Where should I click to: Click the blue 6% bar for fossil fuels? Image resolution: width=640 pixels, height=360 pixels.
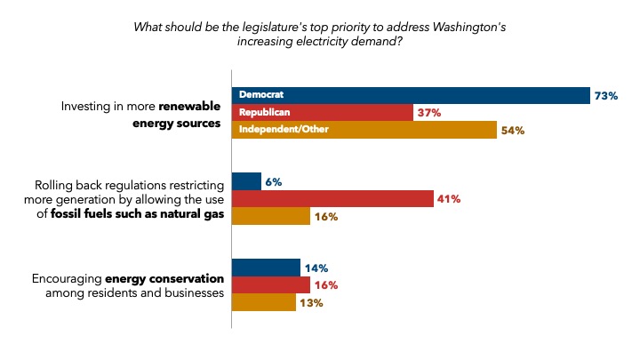pos(246,181)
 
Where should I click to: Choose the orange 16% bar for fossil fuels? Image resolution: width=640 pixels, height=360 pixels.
pos(270,216)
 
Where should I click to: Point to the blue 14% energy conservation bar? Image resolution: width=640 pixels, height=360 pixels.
pos(266,268)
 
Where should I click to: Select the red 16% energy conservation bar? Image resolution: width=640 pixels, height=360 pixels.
pos(270,285)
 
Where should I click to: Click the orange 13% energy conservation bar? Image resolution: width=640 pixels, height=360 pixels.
pos(263,303)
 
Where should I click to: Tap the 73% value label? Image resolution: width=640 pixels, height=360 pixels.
pos(607,96)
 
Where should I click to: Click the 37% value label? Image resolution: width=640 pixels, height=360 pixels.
pos(429,113)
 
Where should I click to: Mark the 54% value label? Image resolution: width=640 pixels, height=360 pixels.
pos(513,131)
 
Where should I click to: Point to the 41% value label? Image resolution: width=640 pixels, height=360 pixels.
pos(448,199)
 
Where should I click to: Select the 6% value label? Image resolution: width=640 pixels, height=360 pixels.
pos(273,182)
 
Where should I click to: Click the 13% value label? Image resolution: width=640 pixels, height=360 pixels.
pos(310,303)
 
